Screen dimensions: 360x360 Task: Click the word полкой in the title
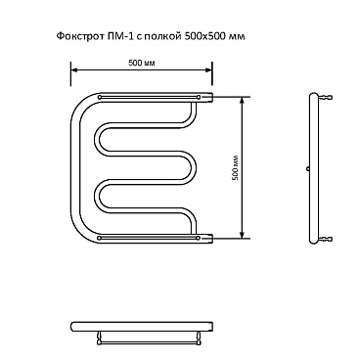(160, 36)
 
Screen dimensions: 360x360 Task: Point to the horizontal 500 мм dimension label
(142, 63)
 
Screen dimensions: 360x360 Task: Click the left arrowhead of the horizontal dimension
(74, 69)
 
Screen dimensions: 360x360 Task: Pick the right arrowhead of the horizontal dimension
(209, 69)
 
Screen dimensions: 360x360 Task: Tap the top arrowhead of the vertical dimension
(242, 100)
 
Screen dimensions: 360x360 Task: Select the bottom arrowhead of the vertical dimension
(242, 235)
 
